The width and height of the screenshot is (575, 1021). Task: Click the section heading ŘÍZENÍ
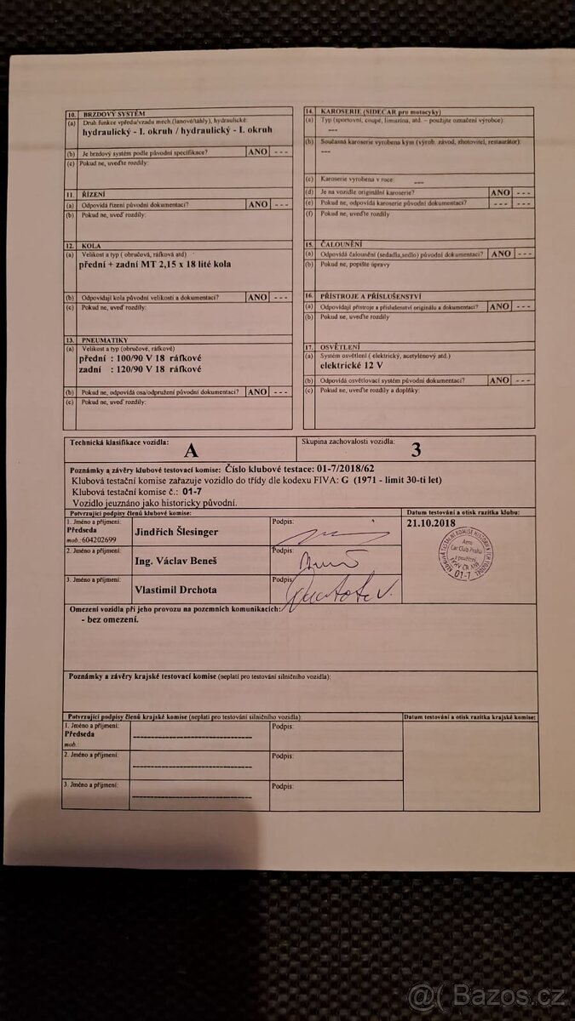pyautogui.click(x=92, y=195)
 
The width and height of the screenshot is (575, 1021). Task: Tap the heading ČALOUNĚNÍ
pyautogui.click(x=340, y=244)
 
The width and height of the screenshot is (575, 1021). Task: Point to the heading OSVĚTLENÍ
pyautogui.click(x=338, y=346)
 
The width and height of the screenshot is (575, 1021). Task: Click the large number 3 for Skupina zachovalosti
pyautogui.click(x=416, y=451)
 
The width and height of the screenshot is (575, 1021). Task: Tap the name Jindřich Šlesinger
pyautogui.click(x=176, y=532)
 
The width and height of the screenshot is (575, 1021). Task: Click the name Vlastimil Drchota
pyautogui.click(x=175, y=589)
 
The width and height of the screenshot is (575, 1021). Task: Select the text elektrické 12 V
pyautogui.click(x=353, y=363)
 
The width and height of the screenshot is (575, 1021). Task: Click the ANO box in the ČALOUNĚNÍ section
pyautogui.click(x=501, y=254)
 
